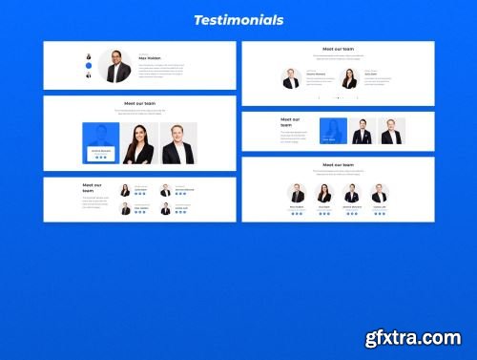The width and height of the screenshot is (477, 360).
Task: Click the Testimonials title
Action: point(238,19)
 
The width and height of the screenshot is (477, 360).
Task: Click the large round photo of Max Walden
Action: point(114,66)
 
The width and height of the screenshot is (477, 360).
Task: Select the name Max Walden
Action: point(150,58)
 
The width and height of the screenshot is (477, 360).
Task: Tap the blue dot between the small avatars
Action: point(89,66)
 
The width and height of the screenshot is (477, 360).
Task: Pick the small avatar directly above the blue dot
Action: point(89,56)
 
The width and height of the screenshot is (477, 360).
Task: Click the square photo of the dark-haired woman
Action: point(139,143)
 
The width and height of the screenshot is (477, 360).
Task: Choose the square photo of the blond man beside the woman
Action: point(178,143)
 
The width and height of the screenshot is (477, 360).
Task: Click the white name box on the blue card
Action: point(100,153)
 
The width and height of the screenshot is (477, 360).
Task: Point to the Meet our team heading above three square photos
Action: point(139,103)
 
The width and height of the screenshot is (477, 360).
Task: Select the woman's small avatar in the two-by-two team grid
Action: point(124,190)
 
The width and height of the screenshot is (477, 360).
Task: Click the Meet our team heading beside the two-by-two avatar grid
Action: point(92,187)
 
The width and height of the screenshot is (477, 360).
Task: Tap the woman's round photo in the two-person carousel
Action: point(349,78)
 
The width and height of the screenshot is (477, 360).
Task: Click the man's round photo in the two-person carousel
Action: point(291,78)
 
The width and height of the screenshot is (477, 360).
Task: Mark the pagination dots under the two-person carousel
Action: point(338,98)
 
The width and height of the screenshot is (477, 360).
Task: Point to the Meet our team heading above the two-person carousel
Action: point(338,48)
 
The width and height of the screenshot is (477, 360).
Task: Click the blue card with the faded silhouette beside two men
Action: point(333,131)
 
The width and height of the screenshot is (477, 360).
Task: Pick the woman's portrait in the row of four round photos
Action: point(324,193)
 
